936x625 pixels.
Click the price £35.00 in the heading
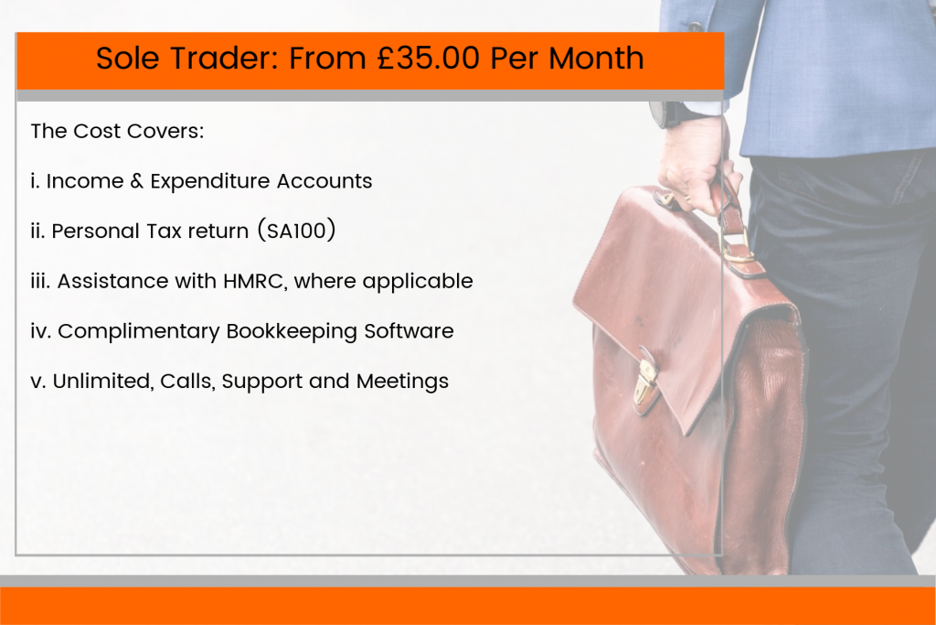coord(428,58)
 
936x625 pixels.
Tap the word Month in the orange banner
coord(596,58)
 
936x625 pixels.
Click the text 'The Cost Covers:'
coord(117,131)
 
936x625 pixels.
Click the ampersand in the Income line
coord(137,180)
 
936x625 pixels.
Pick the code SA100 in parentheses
coord(296,231)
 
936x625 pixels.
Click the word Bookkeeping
coord(292,331)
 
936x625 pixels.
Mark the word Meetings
coord(402,382)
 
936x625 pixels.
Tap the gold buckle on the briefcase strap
coord(738,248)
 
